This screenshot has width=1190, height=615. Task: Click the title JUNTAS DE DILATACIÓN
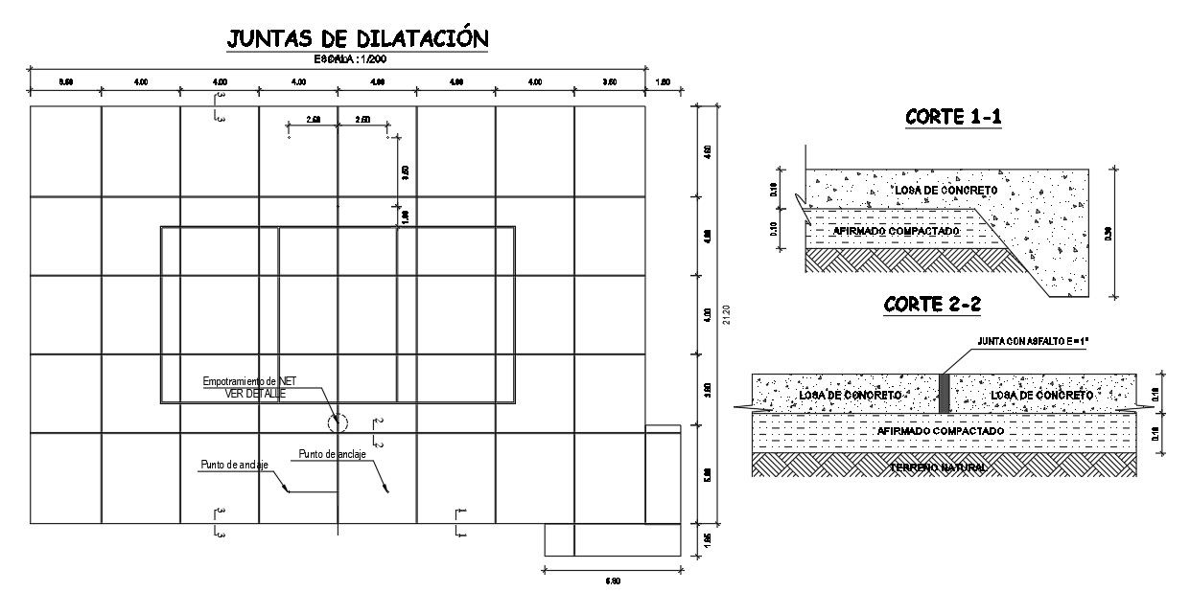(x=358, y=38)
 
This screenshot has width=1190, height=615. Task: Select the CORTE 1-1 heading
(x=953, y=118)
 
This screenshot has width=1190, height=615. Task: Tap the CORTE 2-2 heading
(x=932, y=305)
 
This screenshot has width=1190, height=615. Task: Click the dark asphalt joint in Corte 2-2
(x=944, y=394)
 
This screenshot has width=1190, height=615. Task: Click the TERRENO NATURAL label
(x=939, y=467)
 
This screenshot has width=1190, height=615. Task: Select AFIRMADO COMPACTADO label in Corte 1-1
(x=895, y=232)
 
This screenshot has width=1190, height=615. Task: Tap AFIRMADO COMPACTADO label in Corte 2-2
(x=941, y=431)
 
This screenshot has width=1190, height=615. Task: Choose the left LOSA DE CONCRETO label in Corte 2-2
(x=850, y=395)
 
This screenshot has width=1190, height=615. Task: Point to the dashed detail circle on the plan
(x=337, y=422)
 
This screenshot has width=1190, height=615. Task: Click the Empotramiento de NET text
(x=256, y=382)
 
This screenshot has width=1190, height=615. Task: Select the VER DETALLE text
(x=255, y=393)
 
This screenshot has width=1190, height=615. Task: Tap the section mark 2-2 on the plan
(x=379, y=433)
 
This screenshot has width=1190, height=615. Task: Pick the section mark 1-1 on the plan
(x=460, y=523)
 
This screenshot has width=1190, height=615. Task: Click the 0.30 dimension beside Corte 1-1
(x=1109, y=233)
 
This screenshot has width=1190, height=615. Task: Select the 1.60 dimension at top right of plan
(x=663, y=82)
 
